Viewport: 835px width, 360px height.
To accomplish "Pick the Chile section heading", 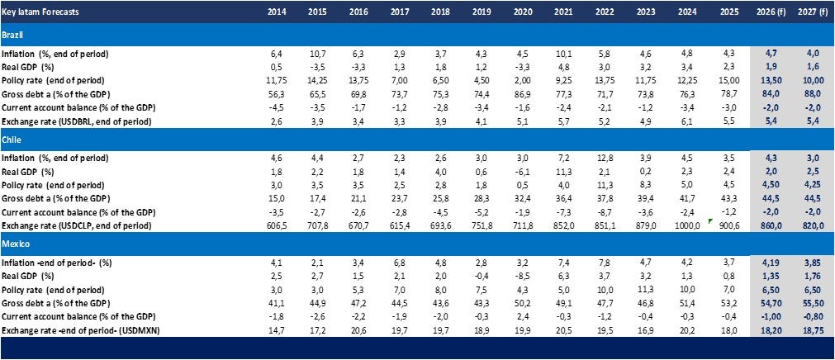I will click(12, 140).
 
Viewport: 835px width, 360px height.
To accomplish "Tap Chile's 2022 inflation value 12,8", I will click(606, 158).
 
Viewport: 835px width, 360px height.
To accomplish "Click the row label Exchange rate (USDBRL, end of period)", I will click(79, 121).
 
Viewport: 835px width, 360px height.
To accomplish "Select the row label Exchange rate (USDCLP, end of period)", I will click(78, 225).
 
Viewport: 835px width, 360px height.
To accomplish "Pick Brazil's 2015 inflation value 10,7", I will click(315, 54).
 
